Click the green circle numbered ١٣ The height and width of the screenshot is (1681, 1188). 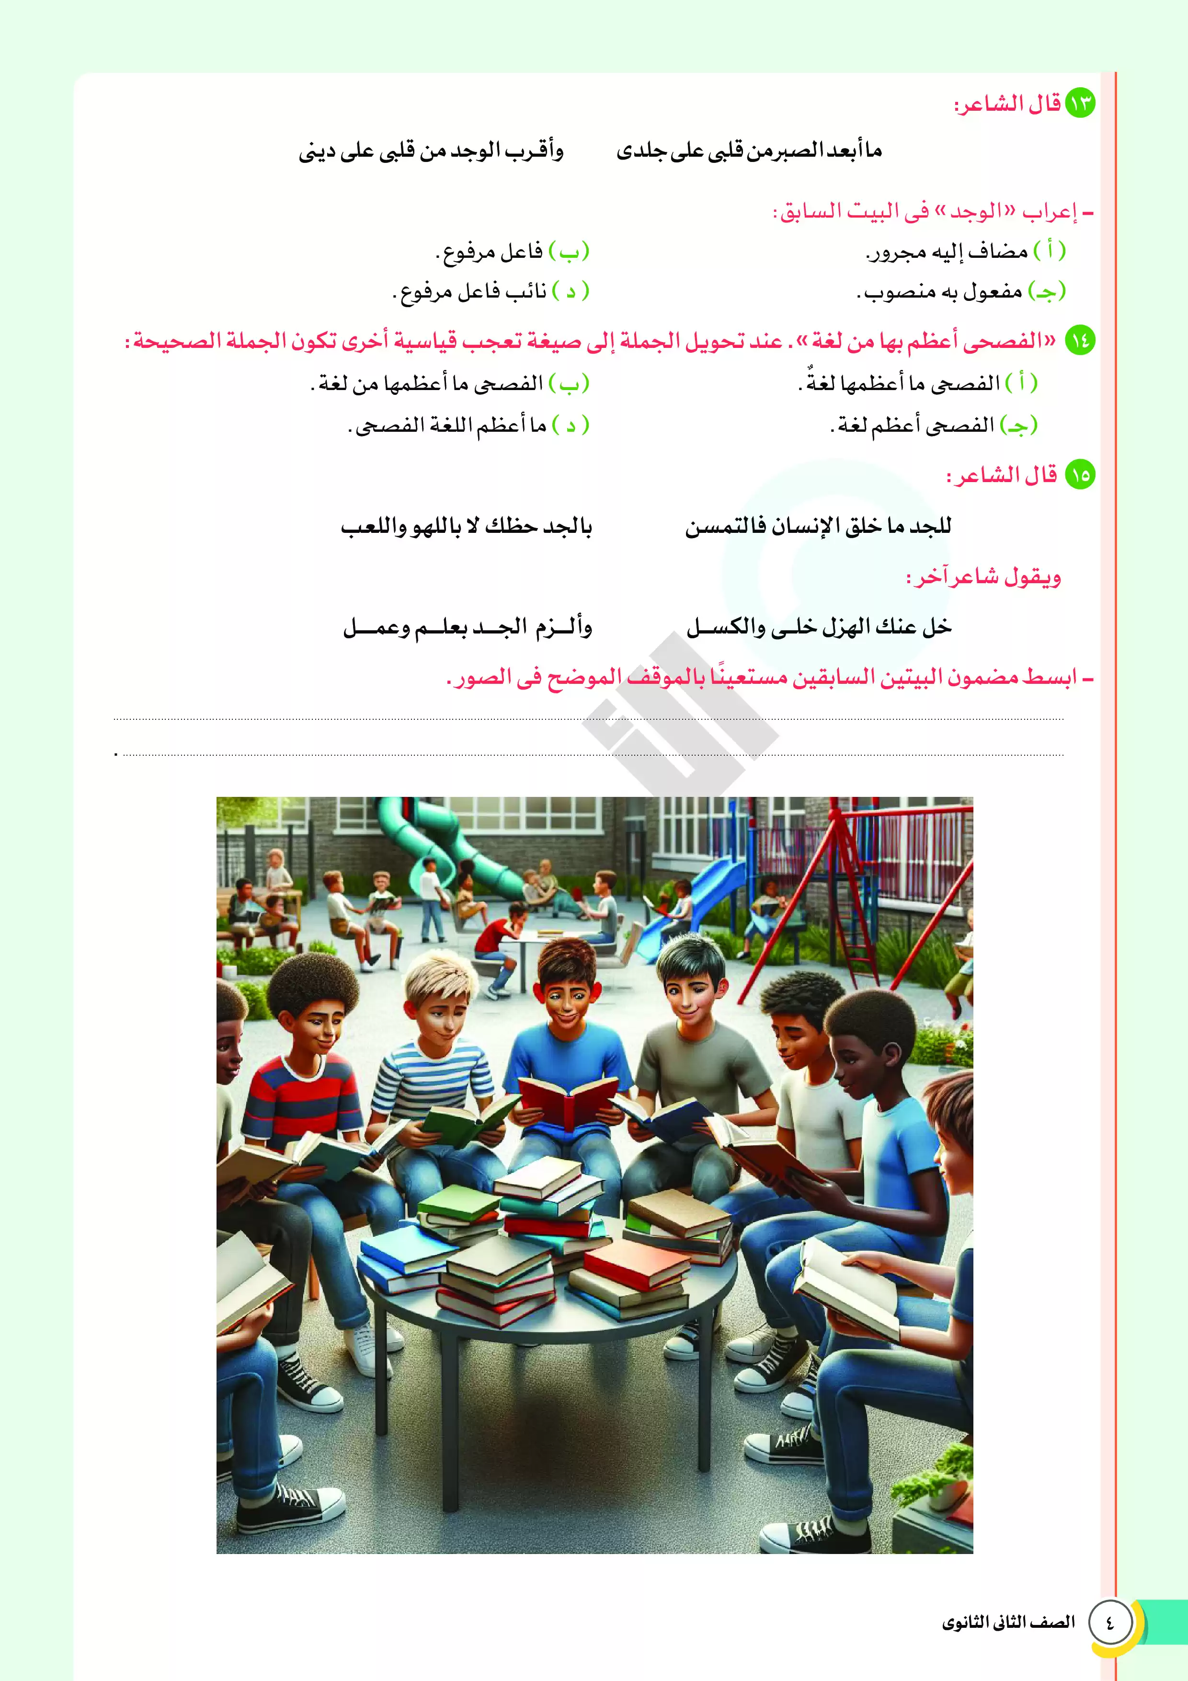click(1080, 103)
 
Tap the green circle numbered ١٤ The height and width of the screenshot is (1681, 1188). click(1080, 340)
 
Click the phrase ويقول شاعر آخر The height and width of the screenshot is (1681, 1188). click(984, 577)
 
